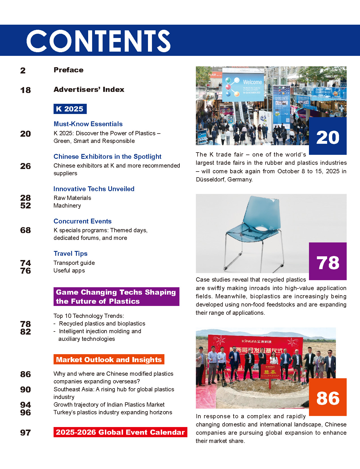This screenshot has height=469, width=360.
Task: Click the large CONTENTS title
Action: tap(98, 41)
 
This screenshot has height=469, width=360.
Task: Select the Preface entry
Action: tap(69, 70)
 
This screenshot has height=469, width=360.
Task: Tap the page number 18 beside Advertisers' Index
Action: tap(26, 90)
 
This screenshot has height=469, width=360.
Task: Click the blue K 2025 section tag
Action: tap(70, 109)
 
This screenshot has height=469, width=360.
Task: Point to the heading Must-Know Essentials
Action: tap(88, 124)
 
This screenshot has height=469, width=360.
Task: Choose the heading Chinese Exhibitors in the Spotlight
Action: tap(107, 157)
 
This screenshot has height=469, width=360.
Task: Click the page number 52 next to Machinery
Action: tap(26, 206)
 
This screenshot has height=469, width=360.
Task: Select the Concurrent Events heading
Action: tap(82, 221)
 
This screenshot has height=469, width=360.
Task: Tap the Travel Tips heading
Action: tap(71, 253)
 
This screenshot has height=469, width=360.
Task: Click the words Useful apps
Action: tap(69, 271)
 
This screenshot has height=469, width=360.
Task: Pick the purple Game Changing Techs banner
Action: tap(116, 297)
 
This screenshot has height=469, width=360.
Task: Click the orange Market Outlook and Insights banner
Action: tap(109, 360)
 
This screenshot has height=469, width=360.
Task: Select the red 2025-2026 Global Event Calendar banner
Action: tap(120, 432)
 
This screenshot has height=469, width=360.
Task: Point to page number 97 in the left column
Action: tap(26, 433)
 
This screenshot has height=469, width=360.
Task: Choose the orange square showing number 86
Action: tap(328, 397)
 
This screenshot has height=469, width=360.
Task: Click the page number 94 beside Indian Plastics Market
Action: tap(26, 405)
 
